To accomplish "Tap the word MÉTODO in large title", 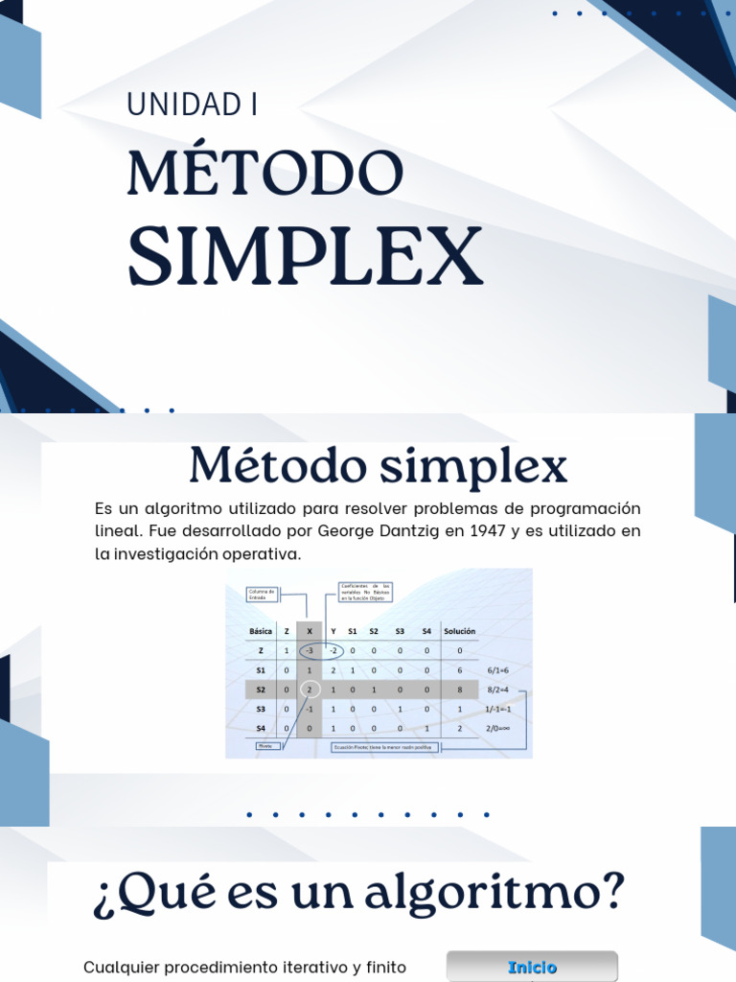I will [x=265, y=175].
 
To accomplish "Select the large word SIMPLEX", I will [x=305, y=256].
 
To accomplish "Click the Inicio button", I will [x=532, y=967].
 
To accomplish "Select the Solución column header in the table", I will [x=459, y=631].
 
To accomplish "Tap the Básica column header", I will [x=261, y=631].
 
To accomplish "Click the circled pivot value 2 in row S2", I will [x=310, y=690].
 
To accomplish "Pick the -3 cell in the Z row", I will [x=310, y=651].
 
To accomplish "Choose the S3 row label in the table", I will [x=261, y=709].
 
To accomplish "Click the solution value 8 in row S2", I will [x=460, y=690].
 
